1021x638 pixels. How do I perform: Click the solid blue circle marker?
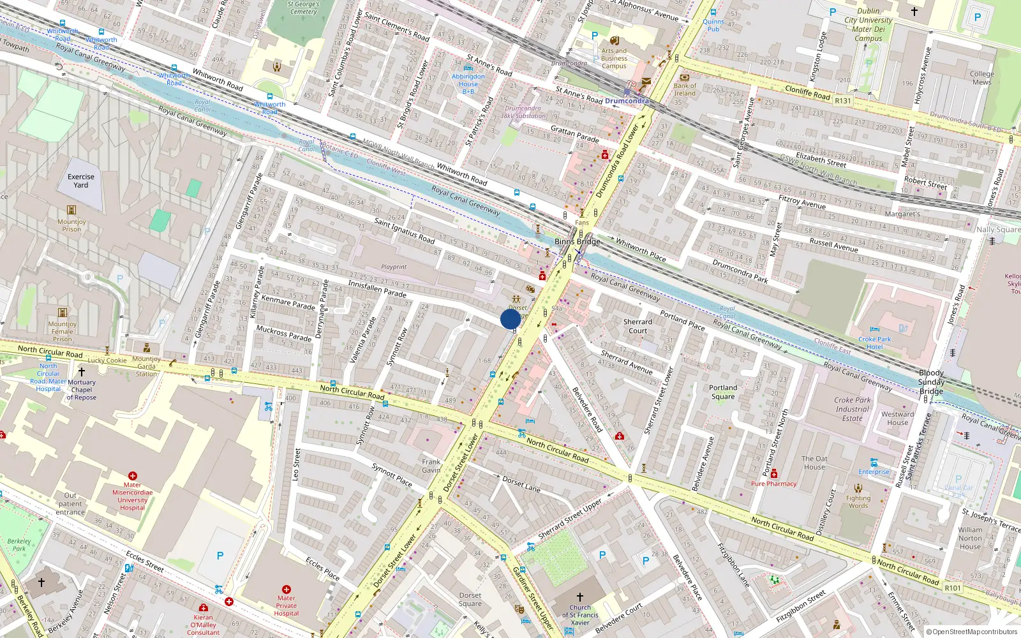511,319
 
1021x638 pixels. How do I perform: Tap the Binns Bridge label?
577,241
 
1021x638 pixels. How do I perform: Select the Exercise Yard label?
81,181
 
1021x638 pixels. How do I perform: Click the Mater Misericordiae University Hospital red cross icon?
133,476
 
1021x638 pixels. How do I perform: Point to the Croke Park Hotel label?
874,343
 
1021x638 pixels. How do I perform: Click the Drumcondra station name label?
626,101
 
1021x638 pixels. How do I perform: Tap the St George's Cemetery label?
304,8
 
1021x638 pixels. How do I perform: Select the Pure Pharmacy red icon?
774,473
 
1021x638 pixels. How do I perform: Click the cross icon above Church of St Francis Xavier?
579,597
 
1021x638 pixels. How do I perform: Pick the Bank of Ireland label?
685,89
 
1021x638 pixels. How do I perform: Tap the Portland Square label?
723,392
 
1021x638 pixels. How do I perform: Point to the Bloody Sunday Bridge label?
931,382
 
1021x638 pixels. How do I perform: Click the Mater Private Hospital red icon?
286,590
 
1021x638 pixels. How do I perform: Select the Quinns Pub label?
713,26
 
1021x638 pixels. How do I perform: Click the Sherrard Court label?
637,326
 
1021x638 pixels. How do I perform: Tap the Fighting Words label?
858,501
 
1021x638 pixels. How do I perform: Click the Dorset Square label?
470,599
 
